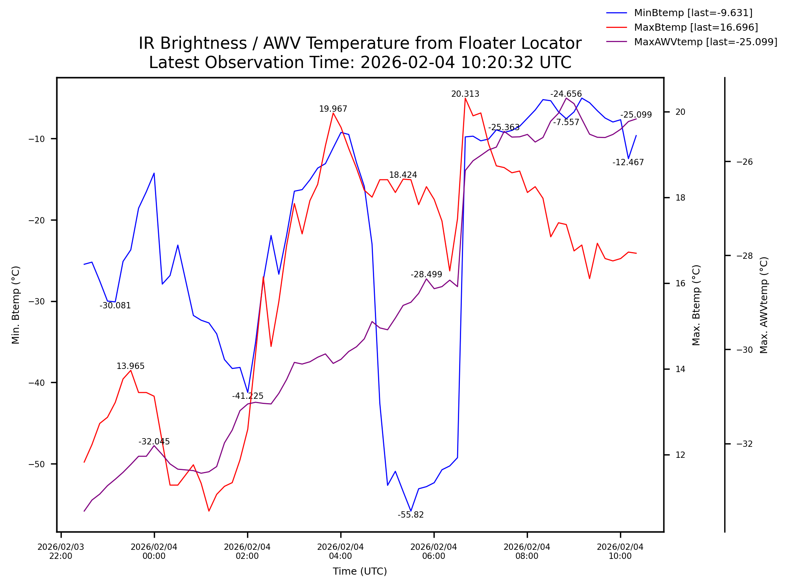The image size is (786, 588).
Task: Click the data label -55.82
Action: (410, 515)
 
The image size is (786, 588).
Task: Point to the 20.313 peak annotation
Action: (465, 94)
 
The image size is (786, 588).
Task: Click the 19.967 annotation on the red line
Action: (333, 109)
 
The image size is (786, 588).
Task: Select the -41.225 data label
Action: (247, 396)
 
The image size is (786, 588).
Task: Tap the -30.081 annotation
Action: (115, 306)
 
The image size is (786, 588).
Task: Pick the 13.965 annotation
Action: (130, 366)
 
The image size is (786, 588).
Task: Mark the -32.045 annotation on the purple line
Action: (154, 442)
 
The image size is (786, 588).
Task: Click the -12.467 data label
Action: (628, 162)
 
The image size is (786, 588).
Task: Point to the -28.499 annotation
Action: (426, 275)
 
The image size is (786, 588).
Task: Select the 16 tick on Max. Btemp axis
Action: (680, 284)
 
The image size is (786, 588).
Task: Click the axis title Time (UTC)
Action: (360, 571)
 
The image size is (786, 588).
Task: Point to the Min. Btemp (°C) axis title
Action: (16, 305)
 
